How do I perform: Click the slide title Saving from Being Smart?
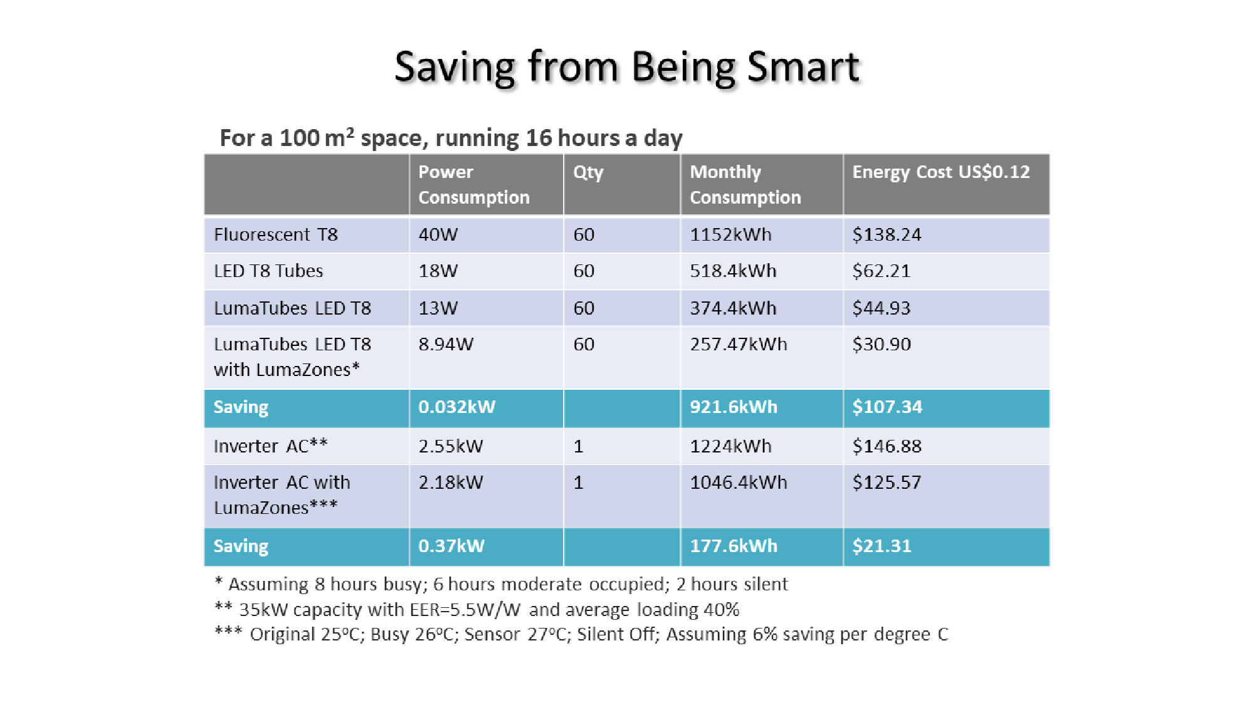pos(627,67)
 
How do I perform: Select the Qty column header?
pos(588,172)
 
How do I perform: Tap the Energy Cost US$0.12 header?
pos(940,172)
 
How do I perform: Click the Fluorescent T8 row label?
pos(276,234)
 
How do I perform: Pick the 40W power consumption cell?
pos(438,234)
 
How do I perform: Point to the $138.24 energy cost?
pos(887,234)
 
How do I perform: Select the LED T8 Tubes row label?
pos(268,271)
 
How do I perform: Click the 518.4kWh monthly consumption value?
pos(733,271)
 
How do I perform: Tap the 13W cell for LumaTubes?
pos(438,308)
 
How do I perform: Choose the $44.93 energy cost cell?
pos(881,308)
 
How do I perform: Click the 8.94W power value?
pos(446,344)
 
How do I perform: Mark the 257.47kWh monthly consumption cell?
pos(738,344)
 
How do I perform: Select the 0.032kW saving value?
pos(456,407)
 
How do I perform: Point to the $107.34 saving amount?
pos(887,407)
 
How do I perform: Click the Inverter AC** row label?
pos(270,446)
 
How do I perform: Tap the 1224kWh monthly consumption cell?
pos(730,446)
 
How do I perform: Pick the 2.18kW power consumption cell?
pos(451,482)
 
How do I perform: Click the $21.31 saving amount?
pos(882,546)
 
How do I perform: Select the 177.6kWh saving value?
pos(734,546)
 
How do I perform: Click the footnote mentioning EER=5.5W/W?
pos(477,609)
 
